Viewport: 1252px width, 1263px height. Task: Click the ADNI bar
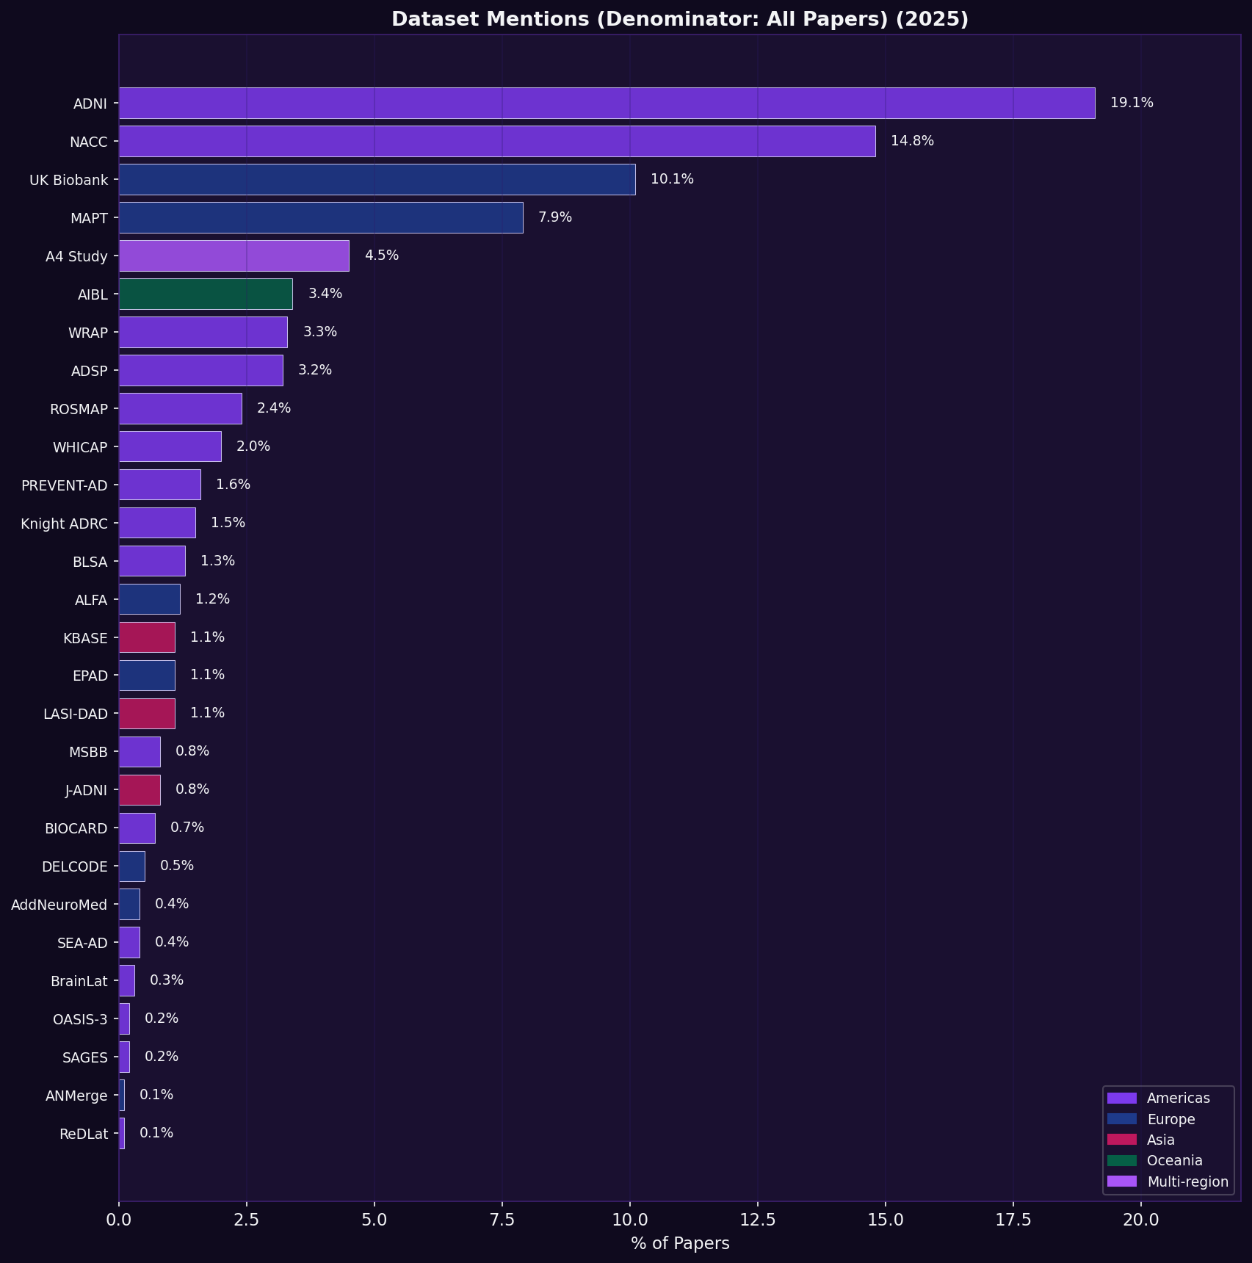(607, 103)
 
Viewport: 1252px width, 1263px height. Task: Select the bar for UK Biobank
(377, 179)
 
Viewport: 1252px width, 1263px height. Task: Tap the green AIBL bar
(206, 294)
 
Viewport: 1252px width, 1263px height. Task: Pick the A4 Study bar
(234, 256)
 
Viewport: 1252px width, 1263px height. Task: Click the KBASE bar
(147, 637)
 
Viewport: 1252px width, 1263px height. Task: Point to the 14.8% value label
(912, 141)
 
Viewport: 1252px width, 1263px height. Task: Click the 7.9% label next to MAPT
(554, 217)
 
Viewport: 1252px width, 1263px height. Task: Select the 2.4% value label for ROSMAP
(273, 408)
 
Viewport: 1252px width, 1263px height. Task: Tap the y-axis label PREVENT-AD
(65, 485)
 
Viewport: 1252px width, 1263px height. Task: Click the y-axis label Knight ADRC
(65, 524)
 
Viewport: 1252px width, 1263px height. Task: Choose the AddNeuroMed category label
(59, 905)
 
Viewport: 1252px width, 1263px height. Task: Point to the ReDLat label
(84, 1134)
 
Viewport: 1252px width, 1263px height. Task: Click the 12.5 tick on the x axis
(758, 1220)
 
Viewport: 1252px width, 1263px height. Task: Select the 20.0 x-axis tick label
(1141, 1220)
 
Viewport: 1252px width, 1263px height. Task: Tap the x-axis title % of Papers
(680, 1243)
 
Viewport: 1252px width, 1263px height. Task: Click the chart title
(680, 19)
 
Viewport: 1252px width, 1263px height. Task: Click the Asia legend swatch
(1121, 1140)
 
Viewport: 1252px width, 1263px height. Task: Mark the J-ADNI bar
(140, 790)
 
